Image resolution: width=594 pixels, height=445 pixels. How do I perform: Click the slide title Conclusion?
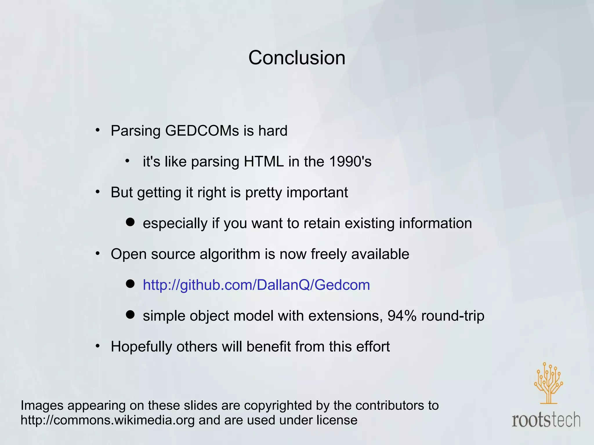(x=297, y=58)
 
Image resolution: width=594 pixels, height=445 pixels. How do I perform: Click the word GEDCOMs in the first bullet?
(x=202, y=131)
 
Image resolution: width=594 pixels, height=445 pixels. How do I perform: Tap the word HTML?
(x=263, y=161)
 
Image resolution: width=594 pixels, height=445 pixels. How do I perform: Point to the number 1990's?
(x=350, y=161)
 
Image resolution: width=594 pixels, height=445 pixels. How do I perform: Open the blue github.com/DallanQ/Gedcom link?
(x=256, y=285)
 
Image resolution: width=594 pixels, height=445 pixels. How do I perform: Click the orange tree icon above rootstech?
(x=548, y=382)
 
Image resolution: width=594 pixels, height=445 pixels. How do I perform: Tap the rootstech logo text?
(x=546, y=420)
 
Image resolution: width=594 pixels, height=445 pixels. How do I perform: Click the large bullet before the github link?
(x=130, y=284)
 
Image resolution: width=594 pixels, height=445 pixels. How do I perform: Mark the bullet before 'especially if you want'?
(x=130, y=222)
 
